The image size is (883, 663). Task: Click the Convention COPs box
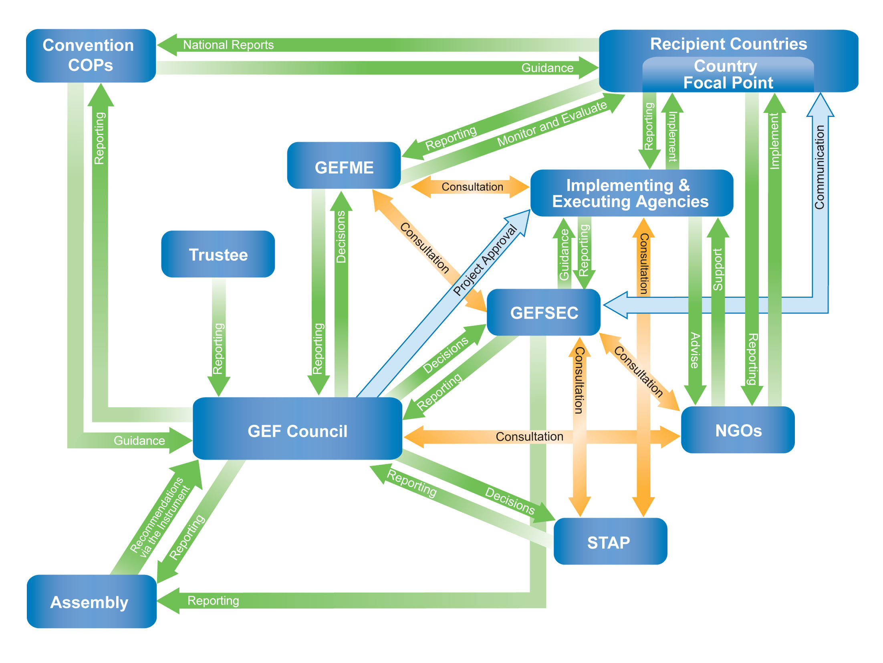coord(91,56)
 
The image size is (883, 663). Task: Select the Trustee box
coord(218,254)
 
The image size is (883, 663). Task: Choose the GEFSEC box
coord(544,312)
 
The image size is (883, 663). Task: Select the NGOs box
coord(738,430)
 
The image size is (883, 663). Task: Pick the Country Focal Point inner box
coord(728,75)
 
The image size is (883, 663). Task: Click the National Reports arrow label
coord(228,45)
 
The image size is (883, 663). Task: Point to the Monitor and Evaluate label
coord(552,123)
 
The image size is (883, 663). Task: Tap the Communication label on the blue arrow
coord(819,167)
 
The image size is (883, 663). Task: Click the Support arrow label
coord(718,269)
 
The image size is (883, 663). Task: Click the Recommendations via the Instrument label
coord(160,517)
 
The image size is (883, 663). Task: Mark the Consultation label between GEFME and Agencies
coord(472,187)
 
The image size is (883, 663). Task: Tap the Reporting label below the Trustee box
coord(218,348)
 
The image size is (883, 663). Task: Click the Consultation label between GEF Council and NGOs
coord(529,436)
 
